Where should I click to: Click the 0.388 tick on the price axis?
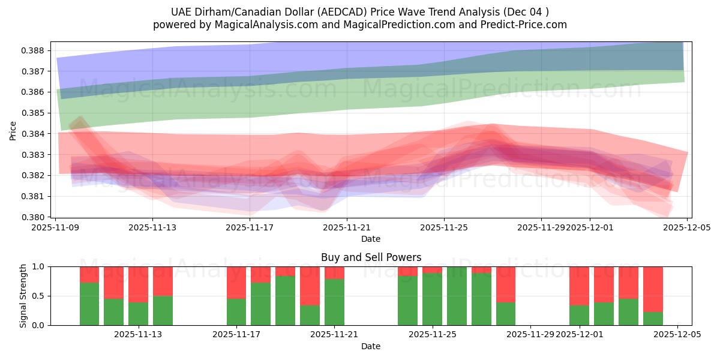point(35,50)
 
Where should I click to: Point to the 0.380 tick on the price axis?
point(35,217)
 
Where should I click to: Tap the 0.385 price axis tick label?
point(35,113)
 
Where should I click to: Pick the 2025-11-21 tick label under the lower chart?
point(334,335)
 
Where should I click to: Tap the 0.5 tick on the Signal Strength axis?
point(40,296)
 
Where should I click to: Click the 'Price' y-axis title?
point(13,130)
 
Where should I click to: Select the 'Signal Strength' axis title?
point(23,296)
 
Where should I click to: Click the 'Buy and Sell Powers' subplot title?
point(371,257)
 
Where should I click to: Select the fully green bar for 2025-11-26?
point(457,296)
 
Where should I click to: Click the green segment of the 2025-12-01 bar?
point(579,315)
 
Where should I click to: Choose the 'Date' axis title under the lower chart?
point(371,346)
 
